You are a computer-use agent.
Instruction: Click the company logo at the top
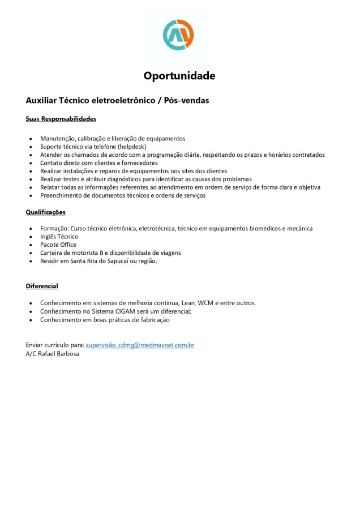178,35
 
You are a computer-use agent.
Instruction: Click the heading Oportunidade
179,76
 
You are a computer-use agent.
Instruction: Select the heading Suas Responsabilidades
61,119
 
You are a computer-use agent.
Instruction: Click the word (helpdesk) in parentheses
132,146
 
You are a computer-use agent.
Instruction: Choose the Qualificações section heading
45,212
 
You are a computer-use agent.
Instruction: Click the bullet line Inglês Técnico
59,237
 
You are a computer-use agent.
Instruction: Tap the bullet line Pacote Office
58,245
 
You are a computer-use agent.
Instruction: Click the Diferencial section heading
42,286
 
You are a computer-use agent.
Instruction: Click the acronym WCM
206,303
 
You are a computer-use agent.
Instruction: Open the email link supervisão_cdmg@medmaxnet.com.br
140,345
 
